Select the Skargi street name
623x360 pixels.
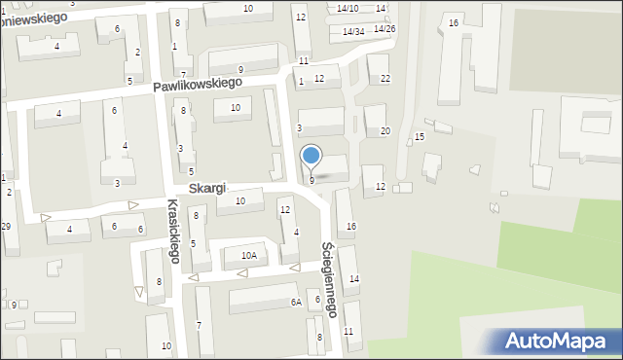click(206, 187)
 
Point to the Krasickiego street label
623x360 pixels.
click(173, 232)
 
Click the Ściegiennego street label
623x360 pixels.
click(330, 278)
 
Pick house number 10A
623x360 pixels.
click(249, 256)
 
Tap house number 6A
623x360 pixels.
click(295, 303)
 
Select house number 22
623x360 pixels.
click(385, 79)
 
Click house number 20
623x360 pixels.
click(385, 131)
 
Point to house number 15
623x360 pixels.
click(419, 137)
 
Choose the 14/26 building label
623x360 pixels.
click(385, 29)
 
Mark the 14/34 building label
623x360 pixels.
click(352, 31)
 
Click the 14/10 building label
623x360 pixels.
click(348, 9)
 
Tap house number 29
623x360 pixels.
click(6, 226)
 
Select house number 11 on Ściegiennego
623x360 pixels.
click(348, 332)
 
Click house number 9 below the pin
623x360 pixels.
click(311, 181)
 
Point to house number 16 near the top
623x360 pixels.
click(453, 22)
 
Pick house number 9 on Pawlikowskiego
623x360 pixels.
click(240, 70)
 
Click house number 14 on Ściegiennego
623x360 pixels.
click(354, 279)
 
